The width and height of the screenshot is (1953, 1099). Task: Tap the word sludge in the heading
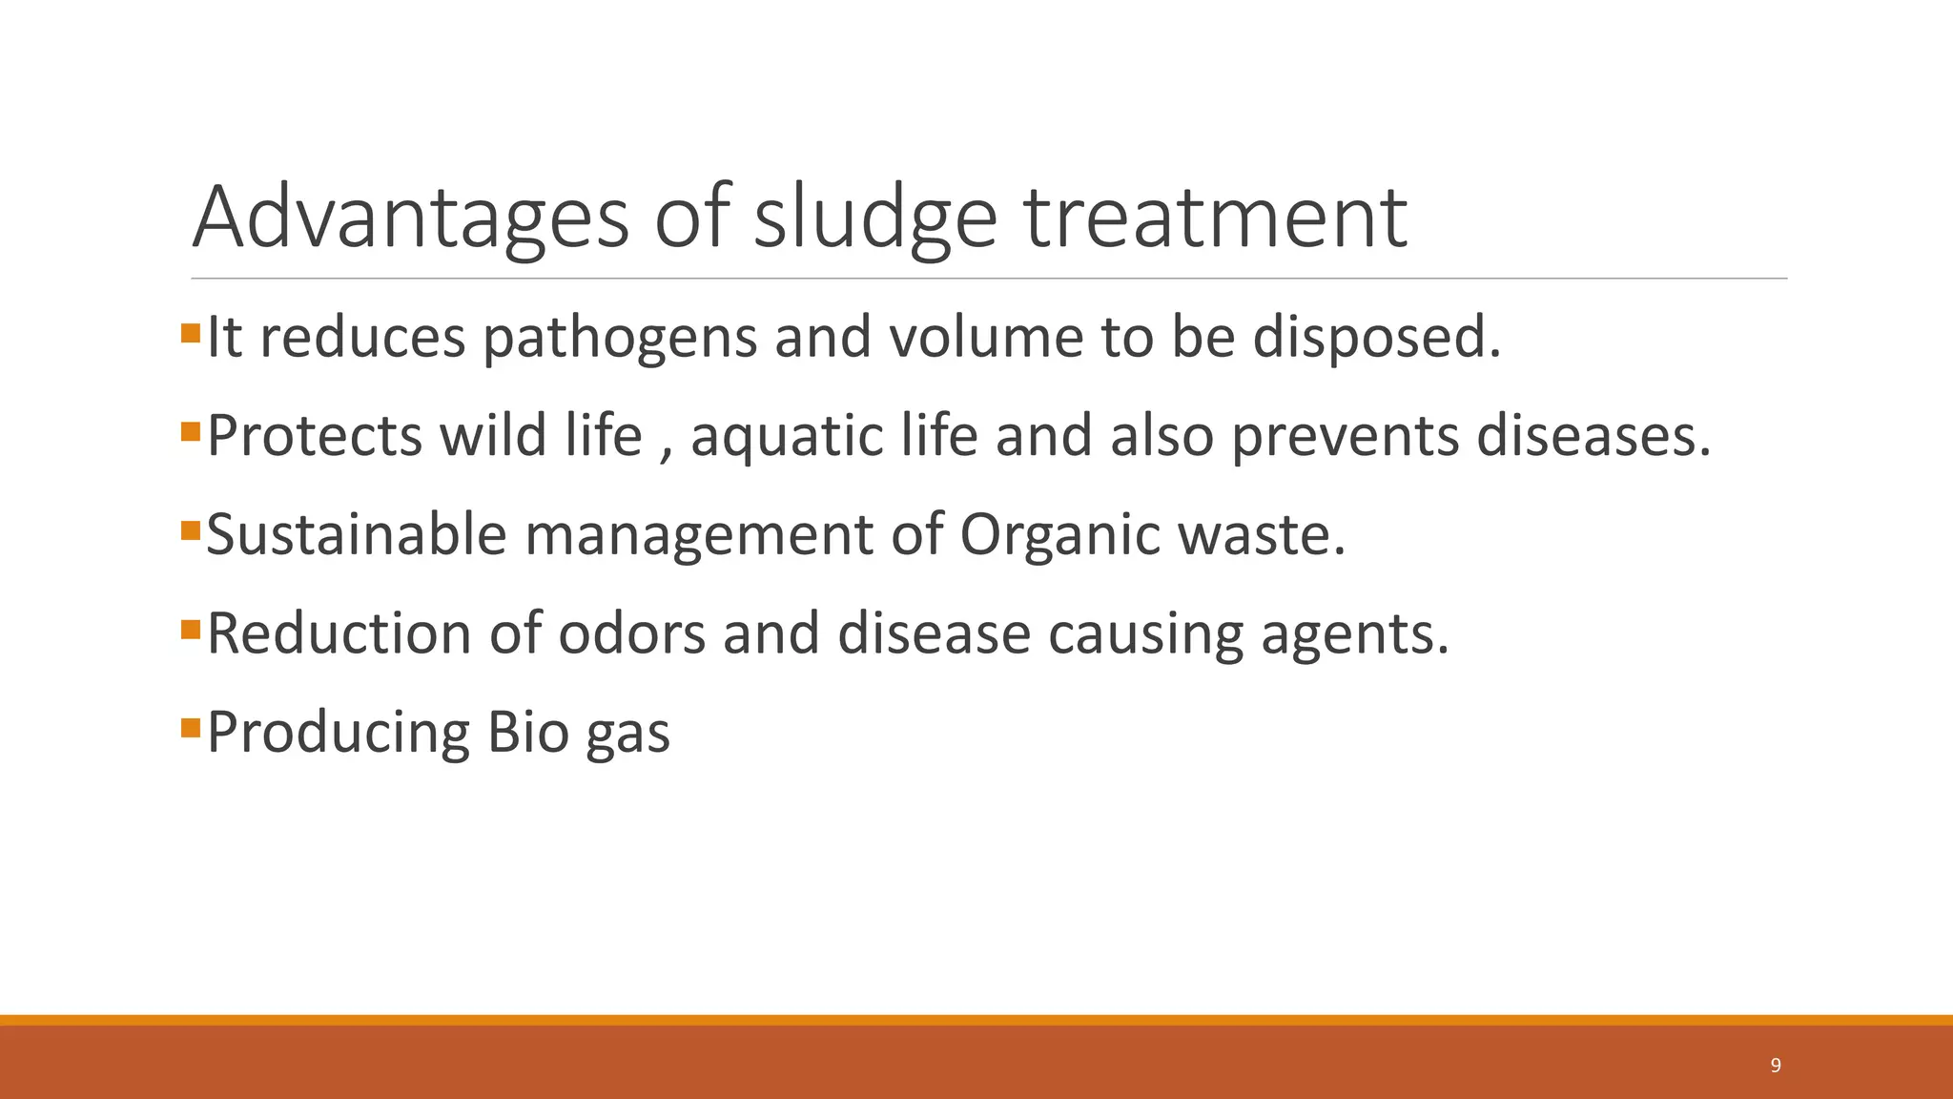(874, 218)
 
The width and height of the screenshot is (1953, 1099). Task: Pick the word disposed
(1376, 338)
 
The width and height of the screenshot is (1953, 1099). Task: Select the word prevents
(1345, 437)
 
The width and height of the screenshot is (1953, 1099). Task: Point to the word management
(698, 535)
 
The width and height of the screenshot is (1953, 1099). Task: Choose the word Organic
(1059, 535)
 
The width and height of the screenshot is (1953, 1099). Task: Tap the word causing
(1146, 634)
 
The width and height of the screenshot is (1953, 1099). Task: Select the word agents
(1354, 634)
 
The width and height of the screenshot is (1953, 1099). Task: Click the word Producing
(338, 733)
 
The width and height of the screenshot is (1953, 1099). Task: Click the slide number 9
(1775, 1066)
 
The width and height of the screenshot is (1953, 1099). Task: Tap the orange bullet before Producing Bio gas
(190, 728)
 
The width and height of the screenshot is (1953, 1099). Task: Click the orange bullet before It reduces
(190, 333)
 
